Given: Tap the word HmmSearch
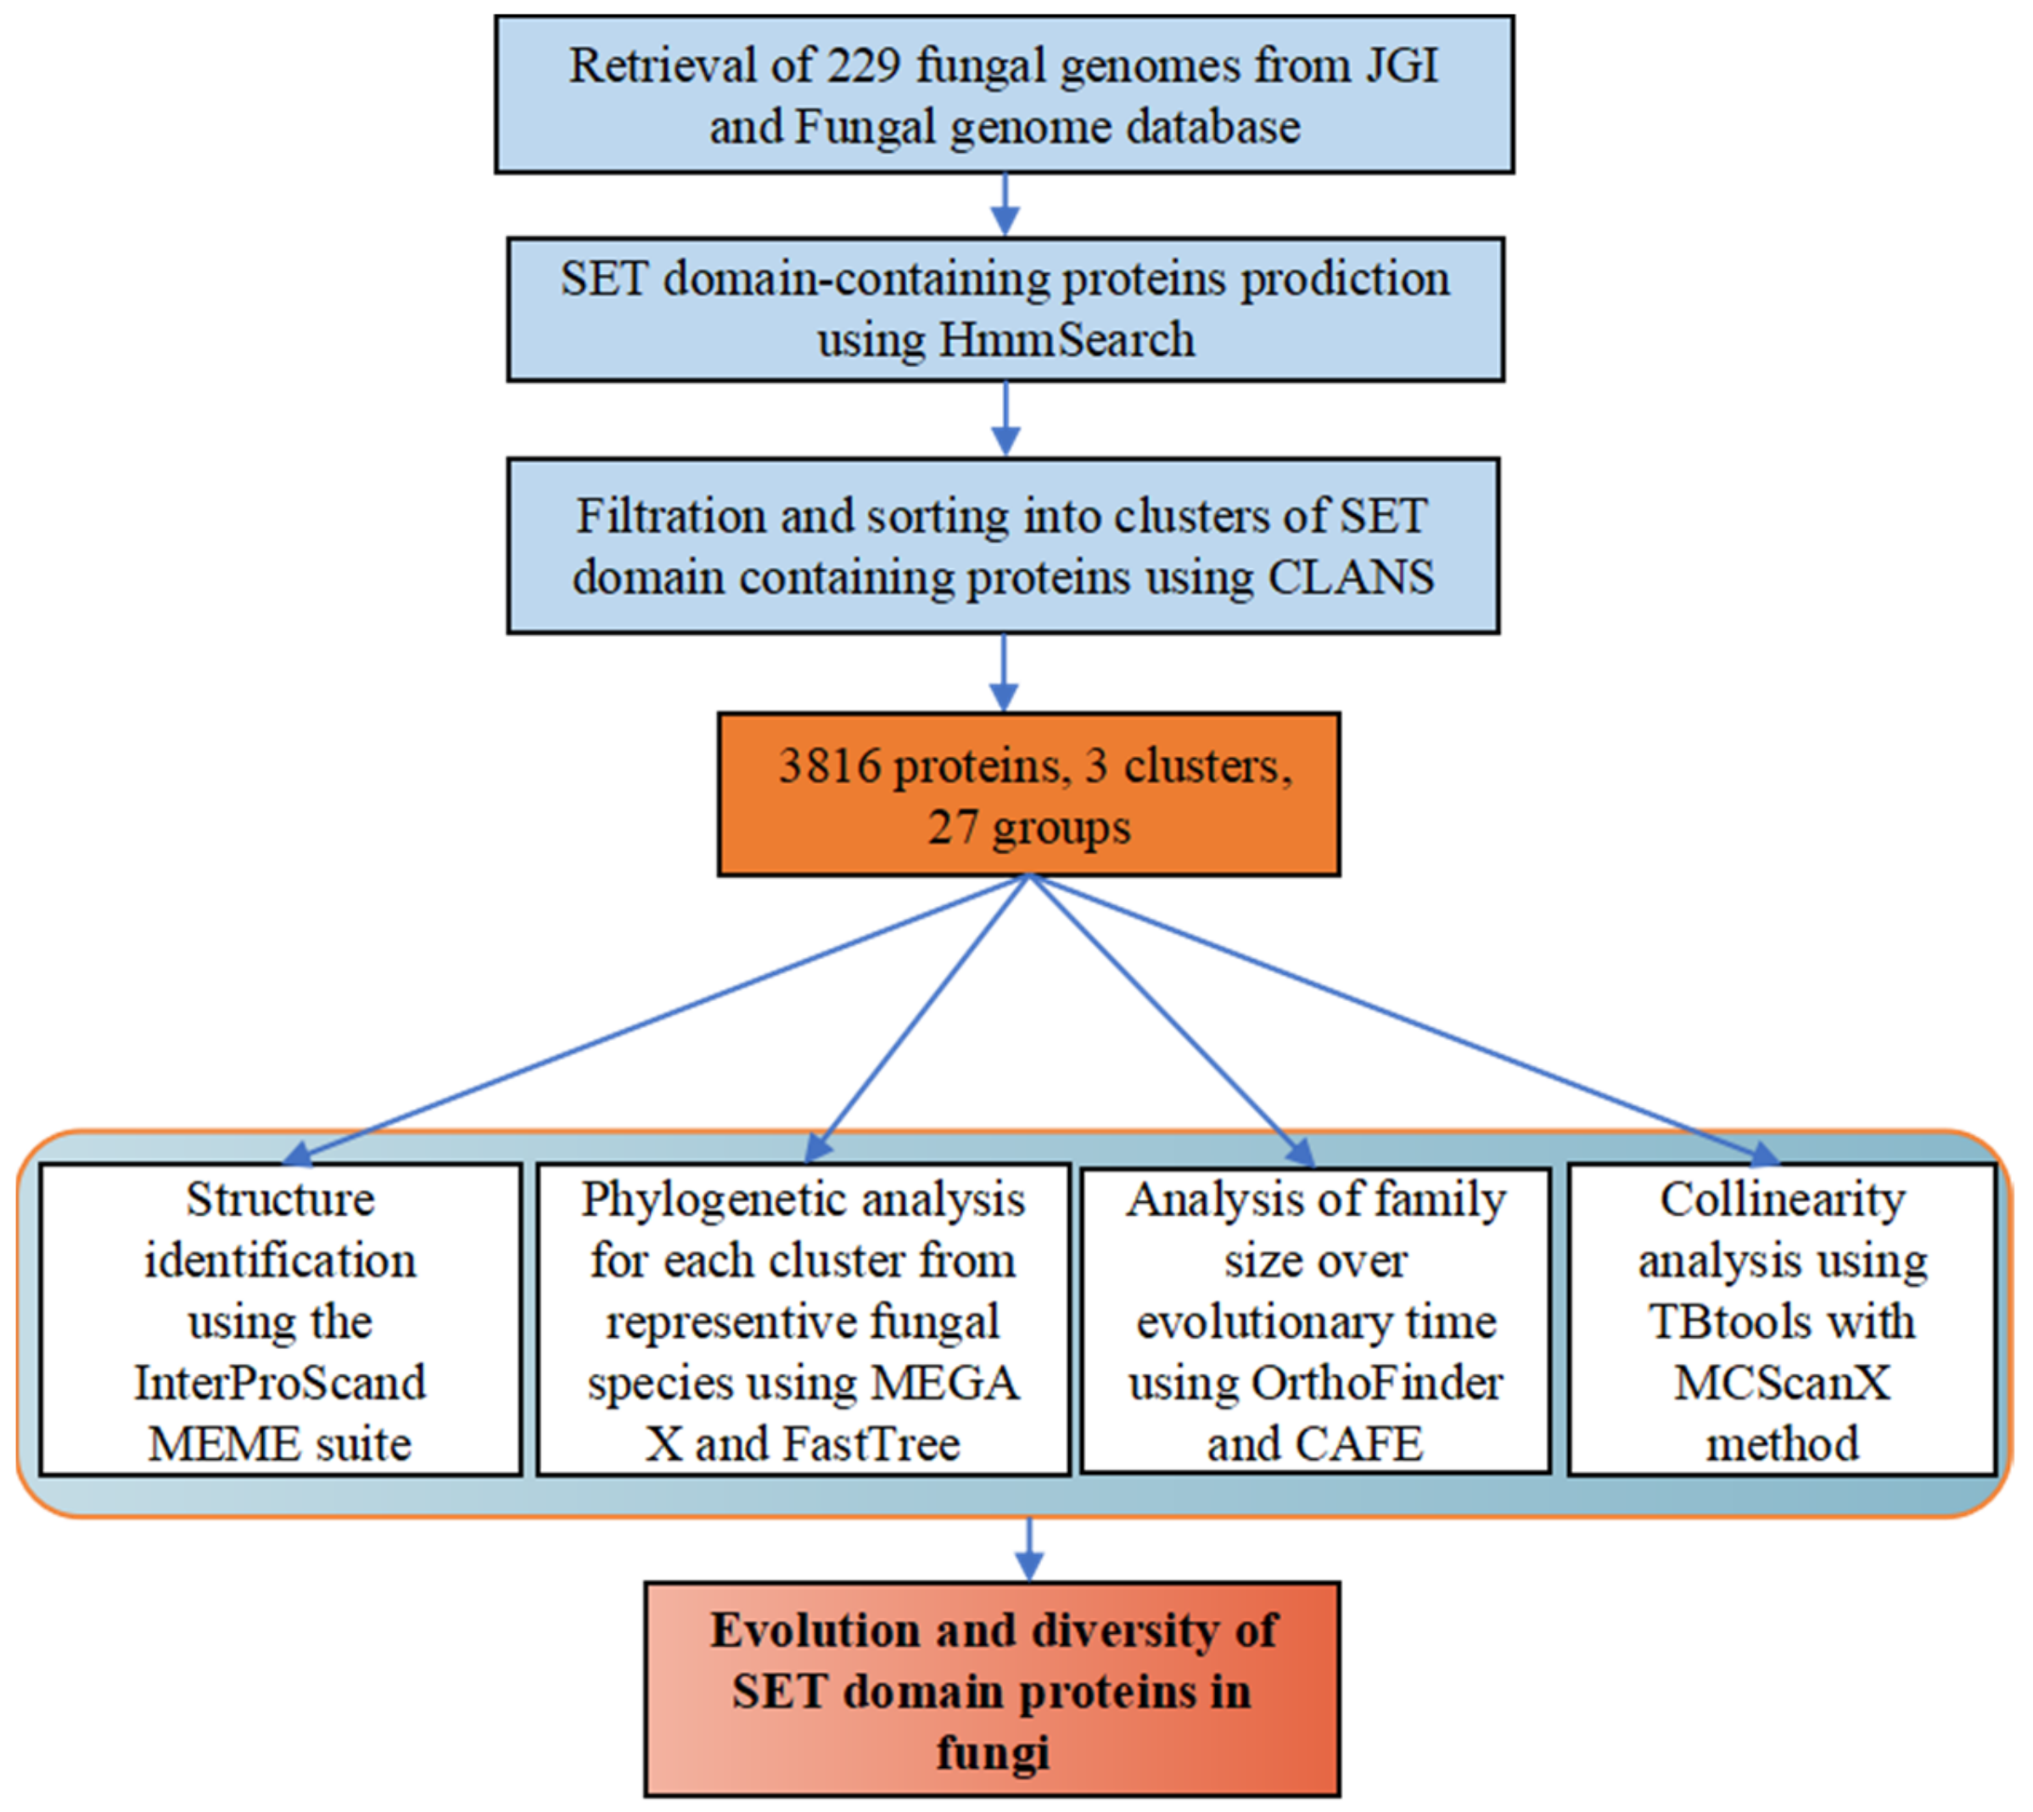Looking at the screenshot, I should [x=1067, y=339].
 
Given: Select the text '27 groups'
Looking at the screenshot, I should [x=1029, y=827].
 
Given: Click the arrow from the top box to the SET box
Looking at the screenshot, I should [x=1005, y=205].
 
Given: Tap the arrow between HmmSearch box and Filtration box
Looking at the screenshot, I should [x=1005, y=419].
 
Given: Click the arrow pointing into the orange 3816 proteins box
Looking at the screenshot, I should [x=1004, y=673].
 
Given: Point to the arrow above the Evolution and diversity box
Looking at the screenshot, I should [x=1028, y=1549].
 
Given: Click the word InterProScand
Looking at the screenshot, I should [x=280, y=1383].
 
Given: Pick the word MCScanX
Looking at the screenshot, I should [x=1782, y=1383].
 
